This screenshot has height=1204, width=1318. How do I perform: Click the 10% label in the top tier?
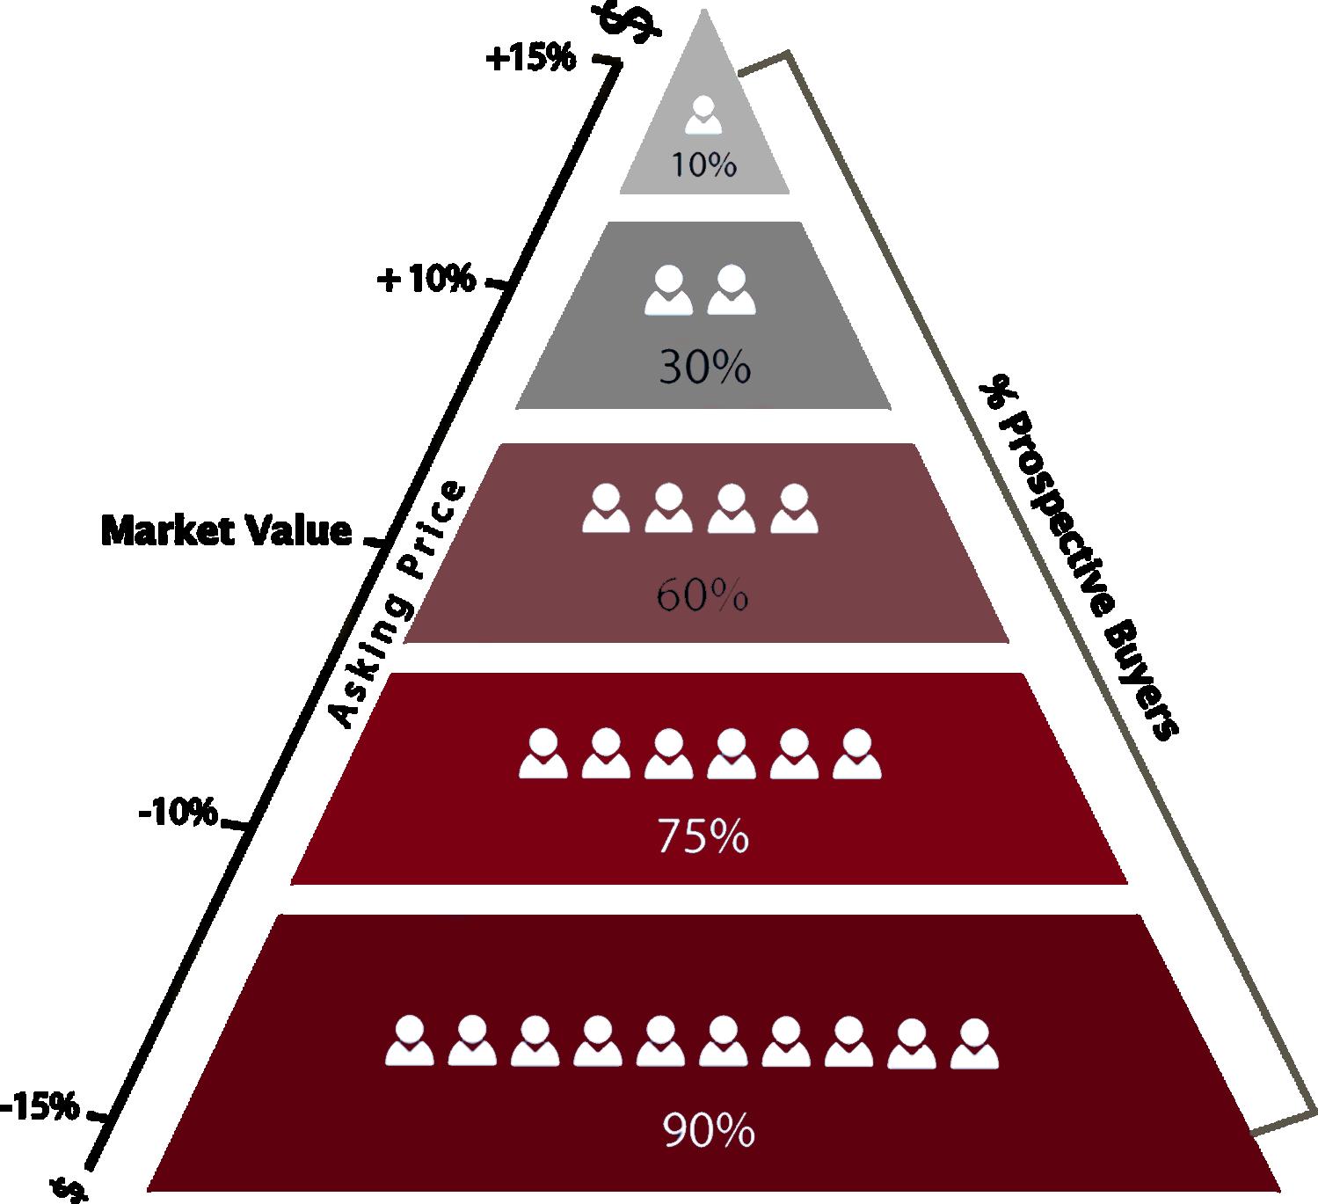[x=703, y=164]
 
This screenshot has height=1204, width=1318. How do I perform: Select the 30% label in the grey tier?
[x=704, y=367]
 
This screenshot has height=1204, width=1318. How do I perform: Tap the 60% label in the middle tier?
[x=702, y=597]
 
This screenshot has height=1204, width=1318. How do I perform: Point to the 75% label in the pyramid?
[x=703, y=837]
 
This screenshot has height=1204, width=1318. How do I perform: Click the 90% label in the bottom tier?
[x=709, y=1131]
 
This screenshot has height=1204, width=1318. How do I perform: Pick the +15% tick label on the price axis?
[x=530, y=59]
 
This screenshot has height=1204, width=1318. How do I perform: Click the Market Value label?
[x=227, y=531]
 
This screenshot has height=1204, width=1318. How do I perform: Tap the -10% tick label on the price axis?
[x=178, y=813]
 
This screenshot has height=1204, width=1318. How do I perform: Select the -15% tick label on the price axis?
[x=40, y=1106]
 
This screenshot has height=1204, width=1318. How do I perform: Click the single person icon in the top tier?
[x=703, y=115]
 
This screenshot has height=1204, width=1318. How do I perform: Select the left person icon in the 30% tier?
[x=667, y=291]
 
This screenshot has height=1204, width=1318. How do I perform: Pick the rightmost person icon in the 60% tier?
[x=794, y=508]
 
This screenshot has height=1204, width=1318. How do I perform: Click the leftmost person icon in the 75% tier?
[x=542, y=754]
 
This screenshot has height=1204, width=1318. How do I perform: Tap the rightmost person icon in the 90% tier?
[x=974, y=1043]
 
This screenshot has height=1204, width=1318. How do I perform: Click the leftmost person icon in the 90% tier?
[x=410, y=1042]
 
